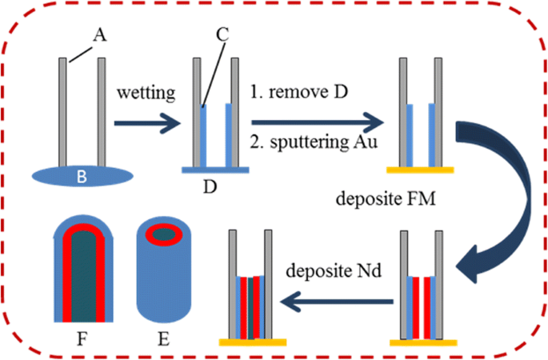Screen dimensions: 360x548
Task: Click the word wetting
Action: (149, 92)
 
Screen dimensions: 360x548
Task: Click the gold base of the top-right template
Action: (420, 170)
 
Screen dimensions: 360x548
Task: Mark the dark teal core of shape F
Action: (80, 276)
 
